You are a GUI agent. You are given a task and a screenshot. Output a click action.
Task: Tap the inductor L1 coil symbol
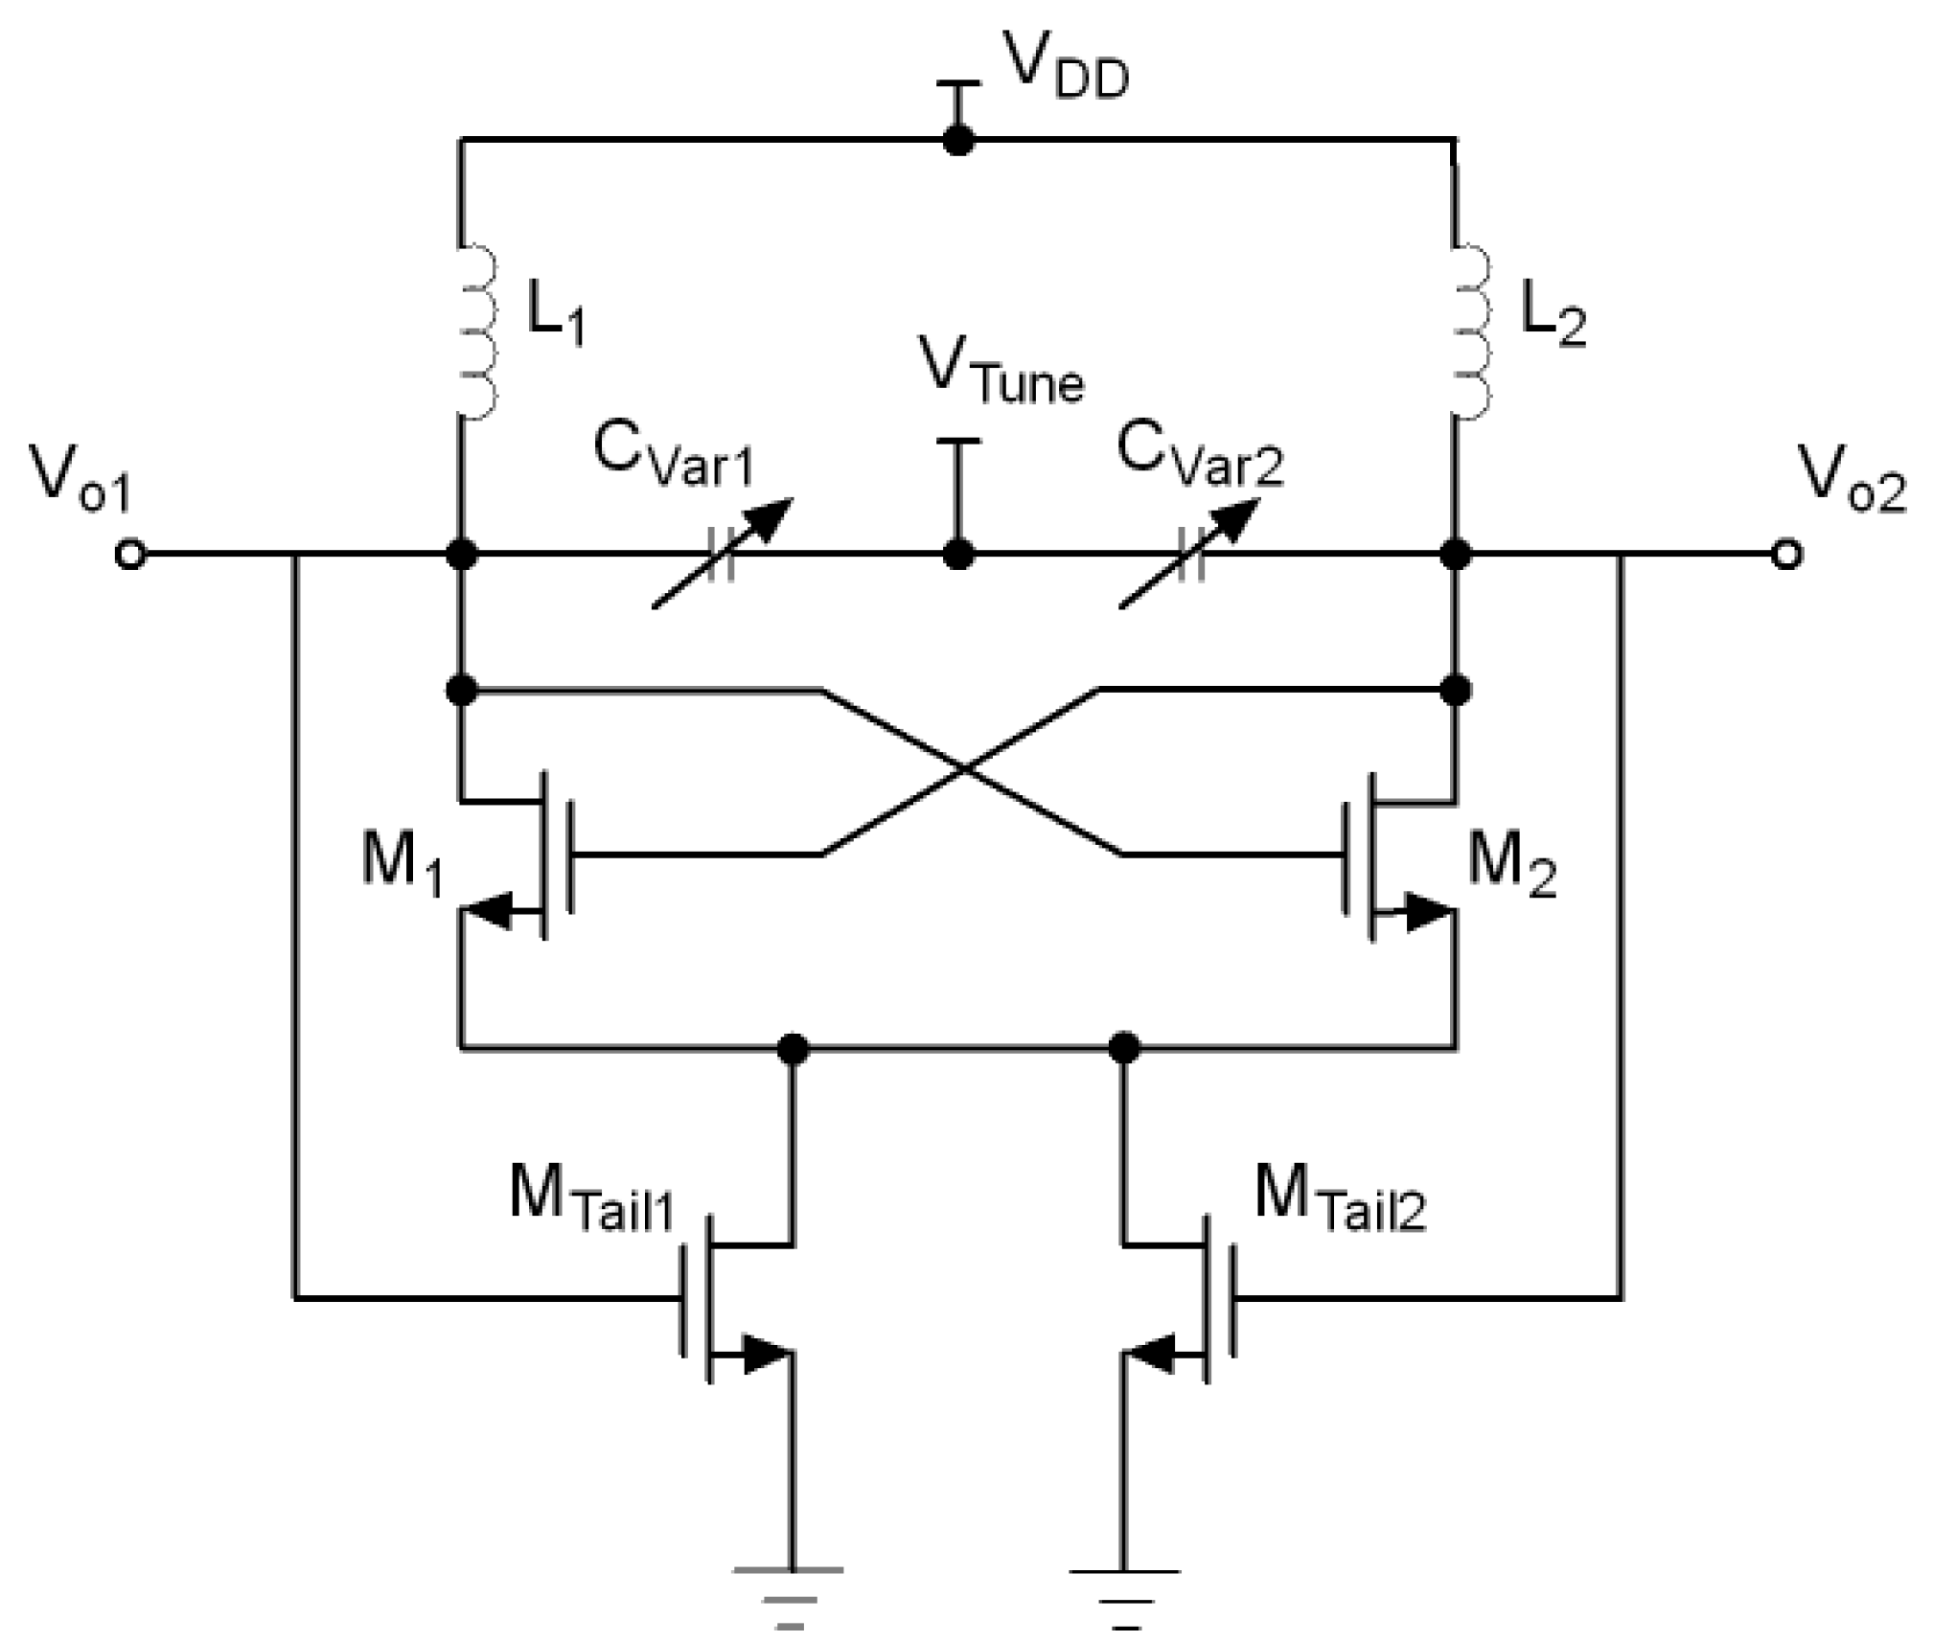[476, 331]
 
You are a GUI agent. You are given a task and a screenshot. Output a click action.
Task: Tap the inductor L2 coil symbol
[1472, 331]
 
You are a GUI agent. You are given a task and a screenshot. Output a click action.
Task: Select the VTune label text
[1001, 371]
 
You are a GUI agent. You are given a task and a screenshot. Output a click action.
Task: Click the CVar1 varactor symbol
[721, 554]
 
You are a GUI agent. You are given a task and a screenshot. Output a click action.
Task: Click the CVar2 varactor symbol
[1189, 554]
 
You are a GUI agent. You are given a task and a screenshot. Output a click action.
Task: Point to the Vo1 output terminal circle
[129, 555]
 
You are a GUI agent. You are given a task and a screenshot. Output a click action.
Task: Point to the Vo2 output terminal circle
[1786, 555]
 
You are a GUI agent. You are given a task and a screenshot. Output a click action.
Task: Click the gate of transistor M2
[1345, 853]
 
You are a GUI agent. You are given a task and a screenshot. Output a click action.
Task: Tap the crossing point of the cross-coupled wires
[966, 769]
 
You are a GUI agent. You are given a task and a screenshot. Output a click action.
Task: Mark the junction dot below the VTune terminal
[958, 555]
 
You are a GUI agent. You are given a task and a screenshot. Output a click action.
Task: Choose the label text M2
[1511, 867]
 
